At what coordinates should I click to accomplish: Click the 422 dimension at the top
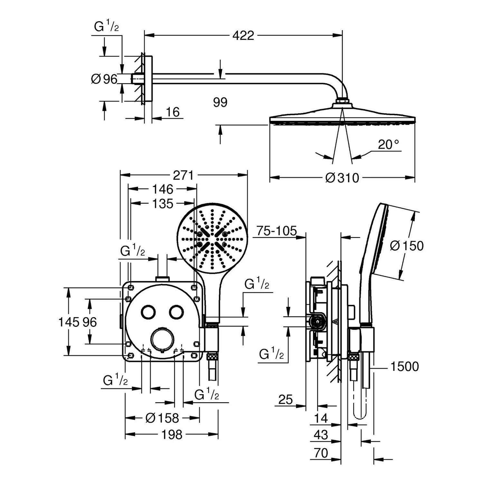[243, 35]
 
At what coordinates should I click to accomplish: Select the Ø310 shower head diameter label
[342, 177]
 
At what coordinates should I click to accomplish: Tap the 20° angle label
[388, 145]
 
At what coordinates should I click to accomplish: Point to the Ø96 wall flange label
[104, 79]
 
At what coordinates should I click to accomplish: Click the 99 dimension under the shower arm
[220, 102]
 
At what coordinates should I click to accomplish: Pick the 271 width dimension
[184, 175]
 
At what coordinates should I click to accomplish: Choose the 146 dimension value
[163, 189]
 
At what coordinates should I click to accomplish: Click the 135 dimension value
[163, 204]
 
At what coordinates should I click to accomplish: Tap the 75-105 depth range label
[277, 231]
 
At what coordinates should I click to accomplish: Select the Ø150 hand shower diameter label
[407, 246]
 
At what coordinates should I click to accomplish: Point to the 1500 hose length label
[404, 366]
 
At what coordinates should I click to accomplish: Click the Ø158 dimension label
[162, 418]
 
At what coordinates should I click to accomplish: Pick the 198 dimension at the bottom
[172, 435]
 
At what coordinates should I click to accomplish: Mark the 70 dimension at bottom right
[321, 453]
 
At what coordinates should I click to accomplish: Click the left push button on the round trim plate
[148, 312]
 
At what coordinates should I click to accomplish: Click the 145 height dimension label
[68, 322]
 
